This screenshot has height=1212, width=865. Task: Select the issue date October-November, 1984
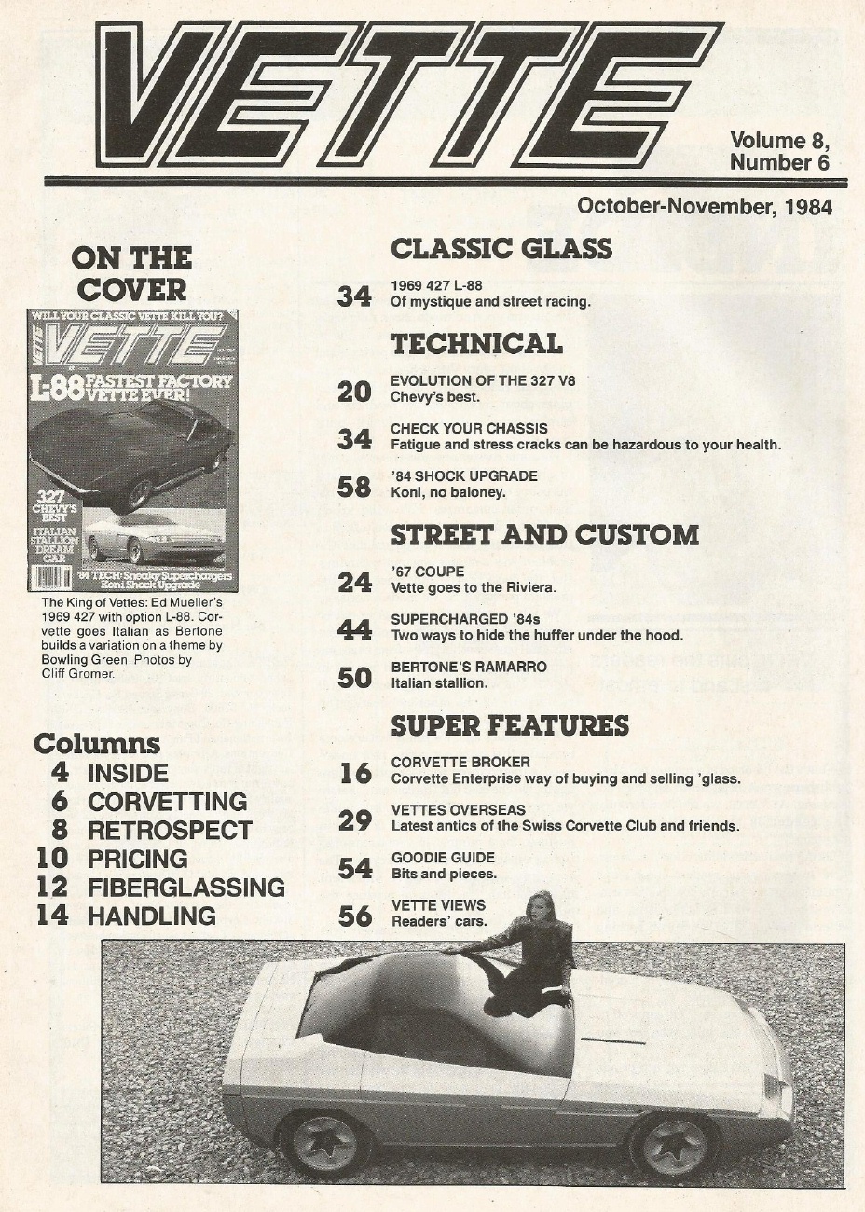pyautogui.click(x=704, y=206)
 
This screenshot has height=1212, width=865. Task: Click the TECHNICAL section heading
pyautogui.click(x=475, y=344)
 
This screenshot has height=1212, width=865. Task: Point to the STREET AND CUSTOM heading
pyautogui.click(x=544, y=535)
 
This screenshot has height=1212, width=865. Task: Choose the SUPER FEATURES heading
pyautogui.click(x=509, y=725)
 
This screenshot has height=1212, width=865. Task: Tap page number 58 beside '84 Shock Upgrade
pyautogui.click(x=354, y=487)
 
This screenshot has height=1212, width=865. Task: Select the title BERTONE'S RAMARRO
pyautogui.click(x=468, y=668)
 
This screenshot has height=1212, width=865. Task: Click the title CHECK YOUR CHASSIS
pyautogui.click(x=469, y=429)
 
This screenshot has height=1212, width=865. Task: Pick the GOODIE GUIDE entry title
pyautogui.click(x=443, y=858)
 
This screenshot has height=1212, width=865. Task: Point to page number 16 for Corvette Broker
pyautogui.click(x=354, y=772)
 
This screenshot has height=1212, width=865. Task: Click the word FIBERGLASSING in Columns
pyautogui.click(x=185, y=888)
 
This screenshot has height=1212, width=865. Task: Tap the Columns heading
pyautogui.click(x=97, y=744)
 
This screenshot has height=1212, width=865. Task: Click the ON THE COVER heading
pyautogui.click(x=131, y=273)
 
